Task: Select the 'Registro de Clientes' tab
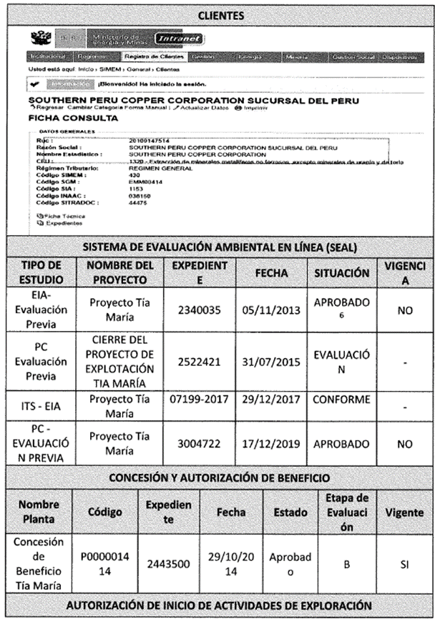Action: pyautogui.click(x=154, y=56)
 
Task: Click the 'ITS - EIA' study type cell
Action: pyautogui.click(x=43, y=405)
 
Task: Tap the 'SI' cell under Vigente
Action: pyautogui.click(x=404, y=564)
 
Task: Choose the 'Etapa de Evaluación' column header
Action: pyautogui.click(x=346, y=512)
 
